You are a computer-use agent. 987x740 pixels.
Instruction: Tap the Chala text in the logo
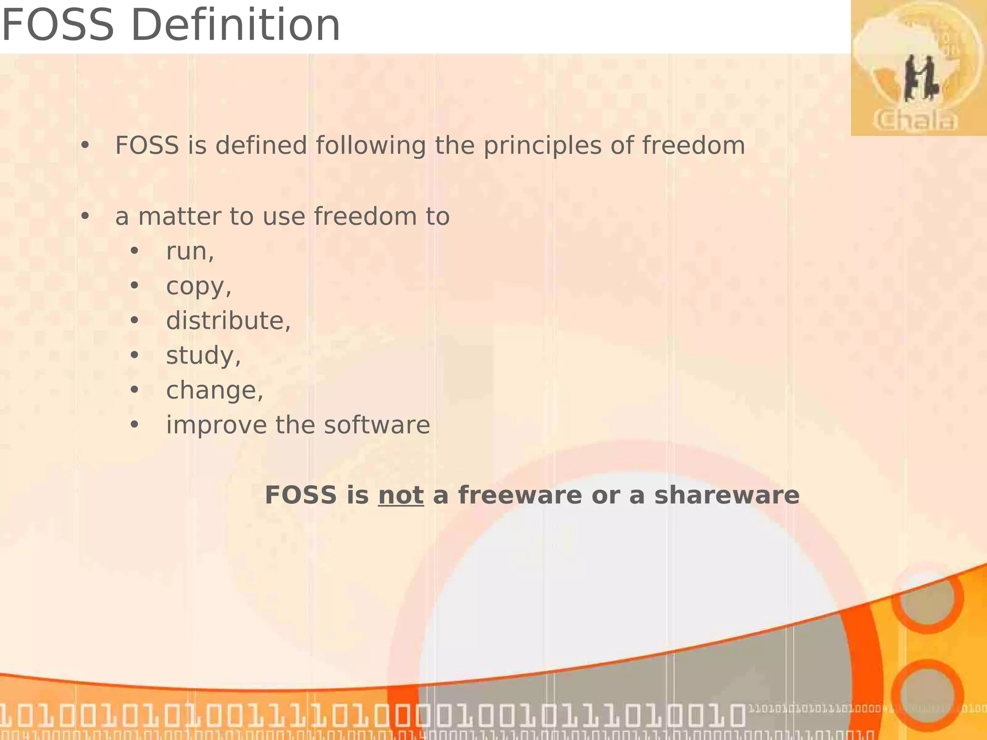(915, 120)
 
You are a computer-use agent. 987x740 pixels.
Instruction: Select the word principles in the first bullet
(542, 146)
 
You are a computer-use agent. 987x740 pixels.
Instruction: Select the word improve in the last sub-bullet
(216, 425)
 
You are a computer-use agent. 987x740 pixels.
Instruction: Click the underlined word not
(400, 495)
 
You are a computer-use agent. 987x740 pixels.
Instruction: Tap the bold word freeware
(520, 495)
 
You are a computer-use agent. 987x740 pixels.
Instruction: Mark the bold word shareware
(726, 495)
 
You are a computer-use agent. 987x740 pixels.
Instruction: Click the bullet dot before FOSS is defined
(85, 145)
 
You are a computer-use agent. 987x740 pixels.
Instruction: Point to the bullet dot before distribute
(134, 321)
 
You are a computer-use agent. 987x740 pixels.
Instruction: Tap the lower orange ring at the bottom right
(927, 695)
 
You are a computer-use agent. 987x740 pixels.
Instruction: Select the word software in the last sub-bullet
(376, 425)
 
